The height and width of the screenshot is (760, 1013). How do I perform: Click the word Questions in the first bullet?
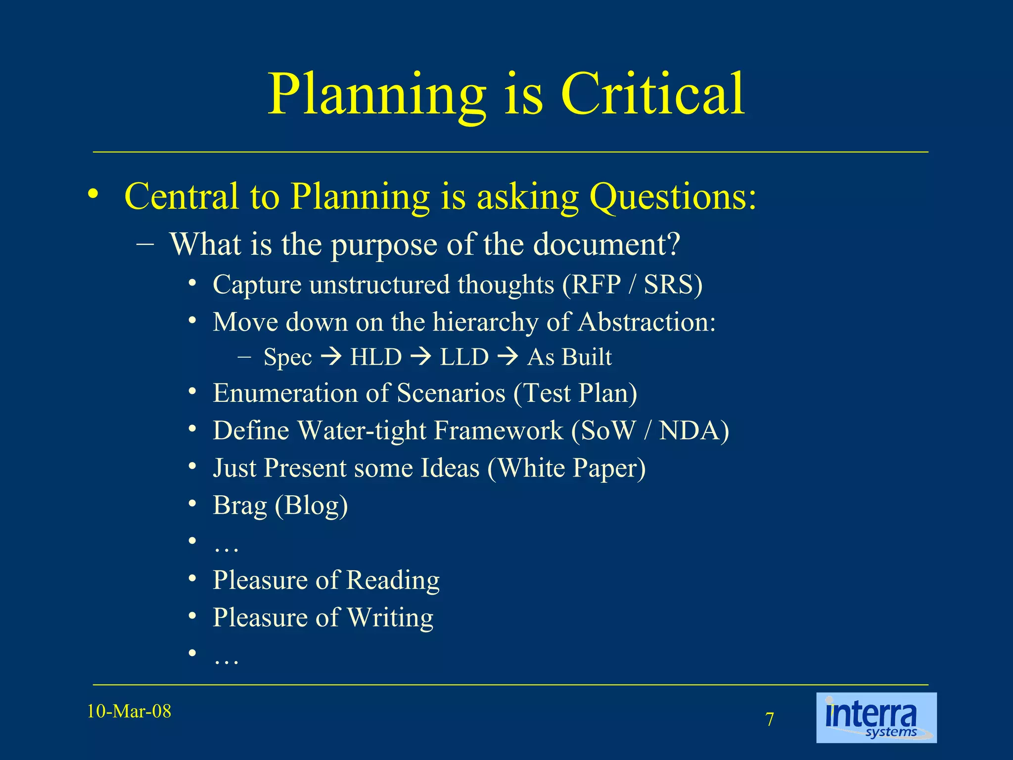[x=673, y=196]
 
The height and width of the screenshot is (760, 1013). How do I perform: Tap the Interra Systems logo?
[x=876, y=717]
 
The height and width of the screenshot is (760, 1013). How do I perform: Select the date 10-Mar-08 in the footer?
[x=129, y=712]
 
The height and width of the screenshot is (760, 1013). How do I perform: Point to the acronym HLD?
[x=376, y=357]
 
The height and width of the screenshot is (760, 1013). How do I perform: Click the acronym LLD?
[x=464, y=357]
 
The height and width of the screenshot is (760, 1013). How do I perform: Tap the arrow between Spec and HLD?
[x=331, y=356]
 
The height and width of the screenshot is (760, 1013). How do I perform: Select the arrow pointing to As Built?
[x=508, y=356]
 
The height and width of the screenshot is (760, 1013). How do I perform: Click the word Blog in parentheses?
[x=311, y=505]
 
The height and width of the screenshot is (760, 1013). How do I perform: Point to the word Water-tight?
[x=362, y=430]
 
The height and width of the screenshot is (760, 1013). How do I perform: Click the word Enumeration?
[x=285, y=393]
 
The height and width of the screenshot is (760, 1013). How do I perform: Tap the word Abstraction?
[x=646, y=322]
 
